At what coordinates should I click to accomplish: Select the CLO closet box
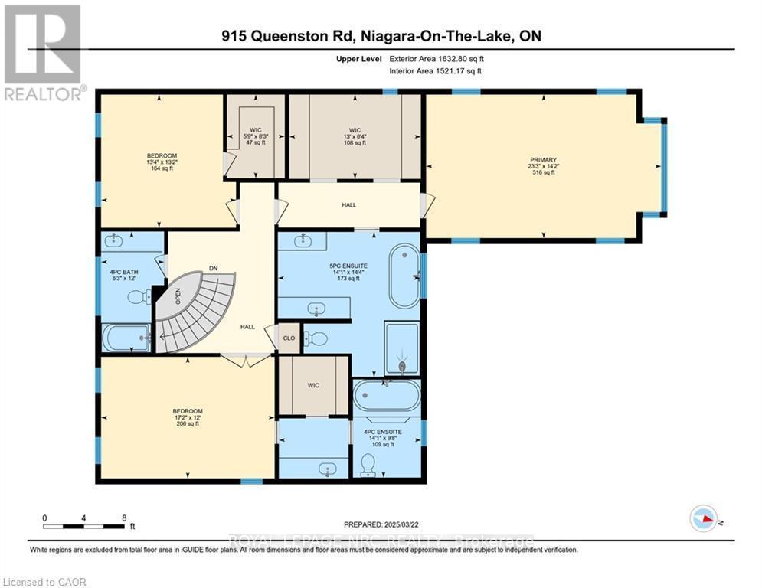[289, 338]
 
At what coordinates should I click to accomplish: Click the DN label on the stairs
[214, 269]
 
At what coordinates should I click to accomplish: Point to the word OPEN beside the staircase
[177, 295]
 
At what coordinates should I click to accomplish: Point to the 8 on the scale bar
[124, 517]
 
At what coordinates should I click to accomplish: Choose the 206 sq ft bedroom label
[187, 417]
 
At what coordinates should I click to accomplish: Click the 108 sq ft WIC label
[354, 138]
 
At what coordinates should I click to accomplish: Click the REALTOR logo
[44, 52]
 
